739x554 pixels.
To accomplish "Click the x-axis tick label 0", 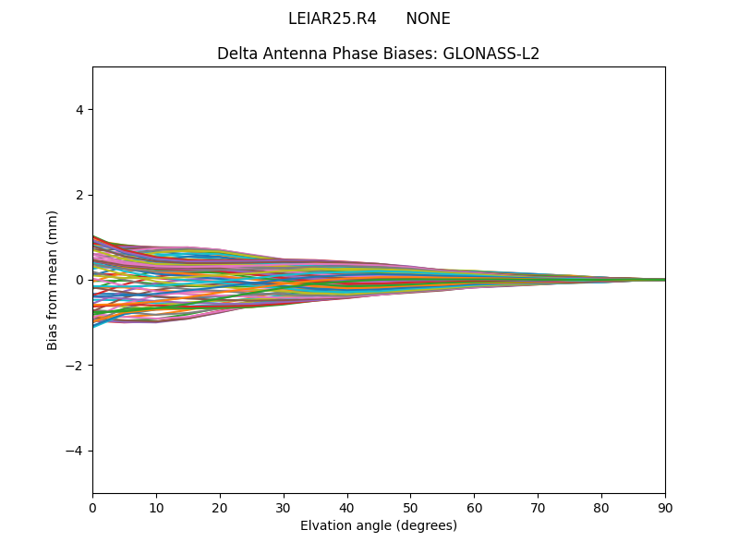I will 92,507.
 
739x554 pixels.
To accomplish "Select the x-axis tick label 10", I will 156,507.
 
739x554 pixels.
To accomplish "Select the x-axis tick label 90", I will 665,507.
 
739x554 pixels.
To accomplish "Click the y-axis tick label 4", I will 80,110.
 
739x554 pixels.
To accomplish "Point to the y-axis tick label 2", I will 80,195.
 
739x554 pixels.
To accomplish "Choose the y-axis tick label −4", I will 77,451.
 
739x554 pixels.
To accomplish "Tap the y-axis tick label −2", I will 77,366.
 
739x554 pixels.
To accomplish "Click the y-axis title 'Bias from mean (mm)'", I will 54,280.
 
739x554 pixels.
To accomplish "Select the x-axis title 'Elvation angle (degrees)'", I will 379,525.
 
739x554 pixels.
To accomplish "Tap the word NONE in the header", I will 428,18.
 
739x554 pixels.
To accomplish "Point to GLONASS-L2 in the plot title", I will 491,54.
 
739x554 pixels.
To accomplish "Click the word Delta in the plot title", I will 236,54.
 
